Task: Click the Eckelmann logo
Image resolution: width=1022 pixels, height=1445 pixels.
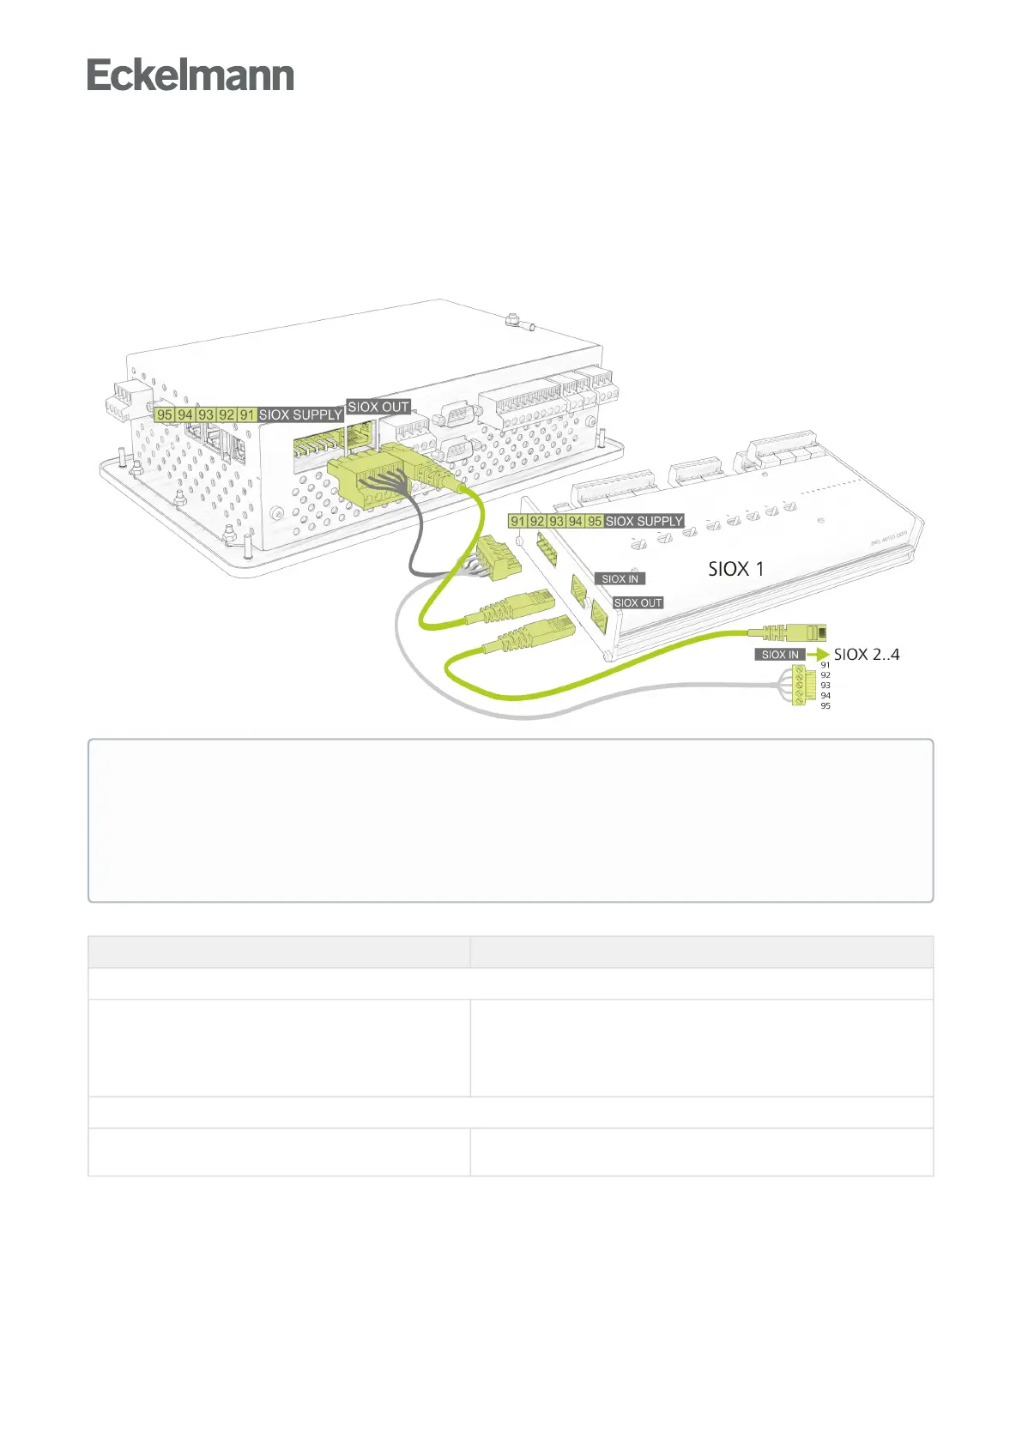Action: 190,76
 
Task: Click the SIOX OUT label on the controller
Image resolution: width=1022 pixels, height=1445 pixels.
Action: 378,407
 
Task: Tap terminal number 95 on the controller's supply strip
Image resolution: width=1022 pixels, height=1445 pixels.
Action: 164,414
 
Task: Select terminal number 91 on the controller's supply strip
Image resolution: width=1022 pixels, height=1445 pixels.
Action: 247,414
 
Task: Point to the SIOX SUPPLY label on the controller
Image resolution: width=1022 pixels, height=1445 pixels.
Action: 300,414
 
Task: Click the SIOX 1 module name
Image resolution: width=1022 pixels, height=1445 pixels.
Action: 735,568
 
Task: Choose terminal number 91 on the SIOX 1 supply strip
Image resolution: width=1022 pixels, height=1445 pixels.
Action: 517,521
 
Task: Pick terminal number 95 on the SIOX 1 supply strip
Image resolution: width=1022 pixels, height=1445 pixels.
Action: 595,521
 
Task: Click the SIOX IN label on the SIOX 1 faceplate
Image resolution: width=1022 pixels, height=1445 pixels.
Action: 620,579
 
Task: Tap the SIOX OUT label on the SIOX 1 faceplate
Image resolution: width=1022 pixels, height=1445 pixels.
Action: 638,603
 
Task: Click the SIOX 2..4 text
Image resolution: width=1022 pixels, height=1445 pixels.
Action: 867,655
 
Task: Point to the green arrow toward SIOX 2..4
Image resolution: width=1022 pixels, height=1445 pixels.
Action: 818,655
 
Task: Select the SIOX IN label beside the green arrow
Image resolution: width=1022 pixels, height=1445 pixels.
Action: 780,655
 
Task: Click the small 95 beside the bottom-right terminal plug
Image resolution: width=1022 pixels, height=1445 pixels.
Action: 825,706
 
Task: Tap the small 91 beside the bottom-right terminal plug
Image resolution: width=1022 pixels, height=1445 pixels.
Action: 825,665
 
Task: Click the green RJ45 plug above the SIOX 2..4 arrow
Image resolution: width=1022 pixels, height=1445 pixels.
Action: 803,633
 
